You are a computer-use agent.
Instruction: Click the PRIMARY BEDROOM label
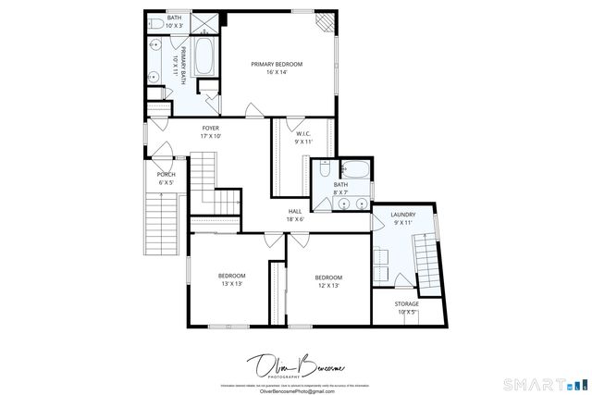point(277,64)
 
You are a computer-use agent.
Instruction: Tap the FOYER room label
point(211,129)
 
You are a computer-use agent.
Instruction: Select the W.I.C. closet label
point(302,134)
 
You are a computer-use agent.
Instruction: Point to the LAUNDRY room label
point(403,215)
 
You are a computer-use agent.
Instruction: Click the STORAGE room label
point(407,303)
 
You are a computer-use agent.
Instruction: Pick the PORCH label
point(166,175)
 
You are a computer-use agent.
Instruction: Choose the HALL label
point(295,211)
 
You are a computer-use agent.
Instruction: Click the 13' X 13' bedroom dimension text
point(232,284)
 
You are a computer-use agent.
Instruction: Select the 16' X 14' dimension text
point(277,72)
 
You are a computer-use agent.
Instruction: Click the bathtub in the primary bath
point(204,58)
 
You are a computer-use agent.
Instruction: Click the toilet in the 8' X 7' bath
point(323,169)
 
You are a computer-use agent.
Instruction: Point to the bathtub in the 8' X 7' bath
point(354,169)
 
